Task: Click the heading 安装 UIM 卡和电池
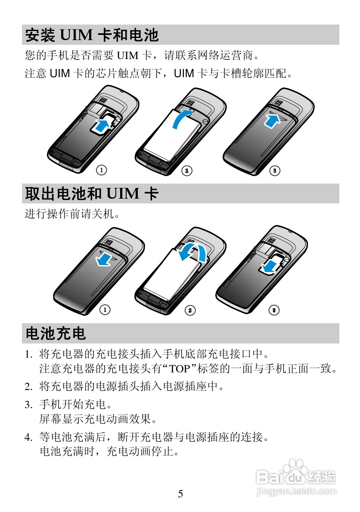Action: [92, 35]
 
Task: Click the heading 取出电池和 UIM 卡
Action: [92, 194]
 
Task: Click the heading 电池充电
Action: [56, 333]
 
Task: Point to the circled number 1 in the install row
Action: [102, 170]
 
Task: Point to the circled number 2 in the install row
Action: [186, 171]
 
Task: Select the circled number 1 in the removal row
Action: [105, 310]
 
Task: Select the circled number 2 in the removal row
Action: [190, 310]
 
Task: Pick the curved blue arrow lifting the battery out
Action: [192, 252]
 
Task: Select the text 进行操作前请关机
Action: [71, 214]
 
